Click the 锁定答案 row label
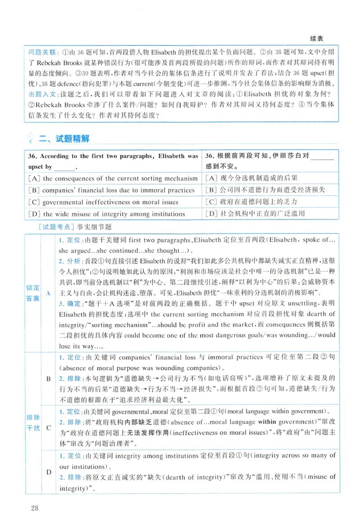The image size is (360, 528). [x=33, y=293]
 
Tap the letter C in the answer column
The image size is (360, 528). [x=49, y=427]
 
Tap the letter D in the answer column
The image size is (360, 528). [x=49, y=472]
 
